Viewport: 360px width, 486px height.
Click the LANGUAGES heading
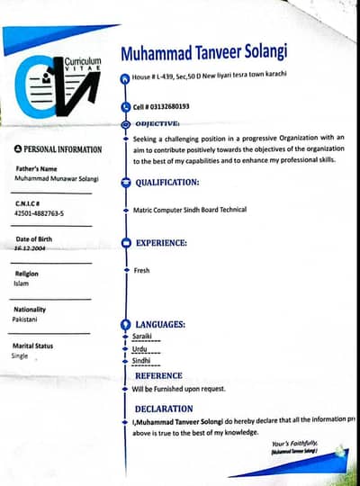[160, 323]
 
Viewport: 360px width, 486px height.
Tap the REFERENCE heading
[158, 375]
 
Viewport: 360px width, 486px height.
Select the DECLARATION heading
[164, 409]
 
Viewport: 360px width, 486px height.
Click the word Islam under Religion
[22, 283]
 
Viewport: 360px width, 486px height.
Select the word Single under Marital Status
[20, 355]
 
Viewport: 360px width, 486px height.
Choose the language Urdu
[139, 347]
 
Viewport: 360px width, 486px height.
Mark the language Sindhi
[141, 360]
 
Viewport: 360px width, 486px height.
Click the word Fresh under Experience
[142, 270]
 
